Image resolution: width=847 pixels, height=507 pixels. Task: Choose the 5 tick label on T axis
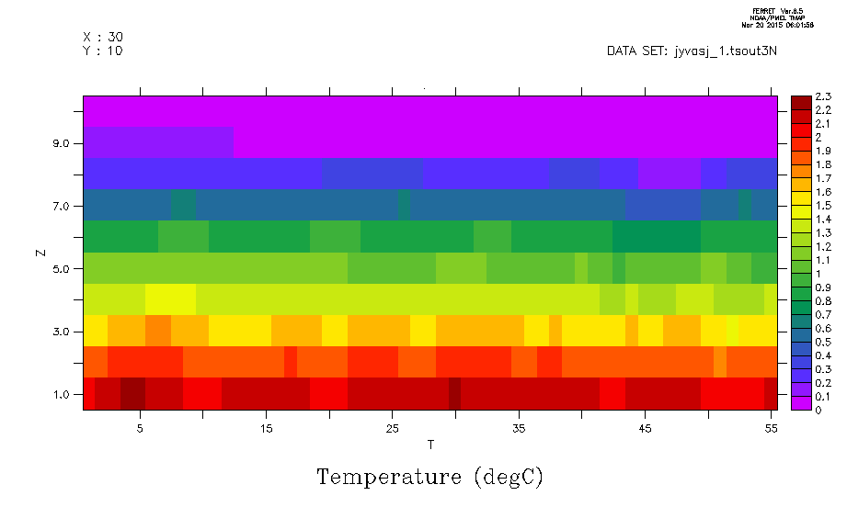tap(140, 428)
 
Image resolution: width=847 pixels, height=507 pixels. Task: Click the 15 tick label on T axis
tap(266, 428)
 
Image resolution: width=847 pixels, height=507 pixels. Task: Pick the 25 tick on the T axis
tap(393, 428)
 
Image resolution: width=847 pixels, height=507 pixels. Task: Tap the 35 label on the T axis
tap(519, 428)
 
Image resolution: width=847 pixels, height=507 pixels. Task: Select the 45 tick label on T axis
tap(645, 428)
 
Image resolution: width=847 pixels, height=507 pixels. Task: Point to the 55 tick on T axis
tap(771, 428)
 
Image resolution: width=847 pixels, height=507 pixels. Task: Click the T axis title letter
tap(430, 445)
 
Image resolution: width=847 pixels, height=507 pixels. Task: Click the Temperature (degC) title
tap(429, 478)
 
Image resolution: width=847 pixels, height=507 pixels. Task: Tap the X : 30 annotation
tap(103, 37)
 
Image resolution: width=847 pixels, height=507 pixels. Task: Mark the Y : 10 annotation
tap(103, 51)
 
